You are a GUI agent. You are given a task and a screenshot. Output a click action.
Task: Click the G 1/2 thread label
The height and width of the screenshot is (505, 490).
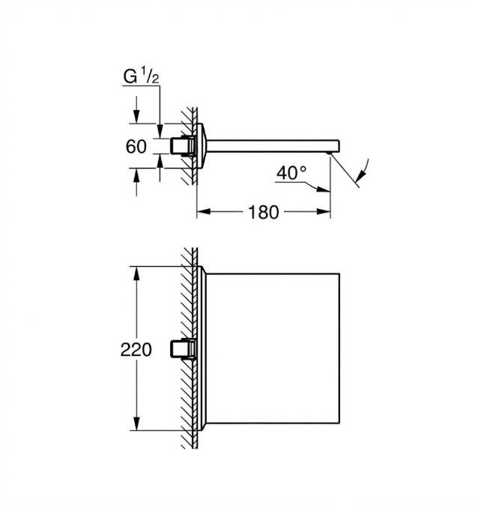tap(141, 76)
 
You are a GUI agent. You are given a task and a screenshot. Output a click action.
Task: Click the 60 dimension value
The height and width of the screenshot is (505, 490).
tap(136, 147)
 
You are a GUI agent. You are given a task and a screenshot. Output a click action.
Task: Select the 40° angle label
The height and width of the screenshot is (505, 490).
tap(291, 173)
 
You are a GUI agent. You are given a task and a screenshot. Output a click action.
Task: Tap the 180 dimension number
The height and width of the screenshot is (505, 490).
tap(263, 213)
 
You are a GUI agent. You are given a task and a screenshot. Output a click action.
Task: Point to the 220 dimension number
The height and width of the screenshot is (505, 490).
tap(136, 350)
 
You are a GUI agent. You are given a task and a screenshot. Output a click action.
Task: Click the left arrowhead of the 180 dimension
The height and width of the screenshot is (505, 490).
tap(204, 211)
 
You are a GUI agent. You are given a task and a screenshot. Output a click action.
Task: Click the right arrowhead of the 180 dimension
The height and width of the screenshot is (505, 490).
tap(324, 211)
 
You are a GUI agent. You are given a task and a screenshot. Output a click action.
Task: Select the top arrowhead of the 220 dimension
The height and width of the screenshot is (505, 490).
tap(136, 273)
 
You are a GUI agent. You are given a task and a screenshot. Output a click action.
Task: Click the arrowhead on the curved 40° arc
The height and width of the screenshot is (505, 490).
tap(361, 175)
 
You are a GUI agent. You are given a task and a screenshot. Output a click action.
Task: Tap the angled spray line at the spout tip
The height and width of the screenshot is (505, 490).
tap(345, 170)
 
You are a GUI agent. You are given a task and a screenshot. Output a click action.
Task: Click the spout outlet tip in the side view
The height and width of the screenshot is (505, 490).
tap(329, 153)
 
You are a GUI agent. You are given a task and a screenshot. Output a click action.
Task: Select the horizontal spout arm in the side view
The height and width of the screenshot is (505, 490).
tap(273, 146)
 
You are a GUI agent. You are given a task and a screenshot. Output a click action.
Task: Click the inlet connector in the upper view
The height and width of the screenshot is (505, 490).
tap(182, 146)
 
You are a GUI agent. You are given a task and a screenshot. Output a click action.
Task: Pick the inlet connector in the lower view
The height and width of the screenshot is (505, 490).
tap(182, 349)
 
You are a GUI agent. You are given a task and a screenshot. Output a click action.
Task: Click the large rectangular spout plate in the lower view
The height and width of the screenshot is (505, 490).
tap(273, 348)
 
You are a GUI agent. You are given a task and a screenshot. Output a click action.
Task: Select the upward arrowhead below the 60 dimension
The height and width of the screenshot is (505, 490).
tap(136, 175)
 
